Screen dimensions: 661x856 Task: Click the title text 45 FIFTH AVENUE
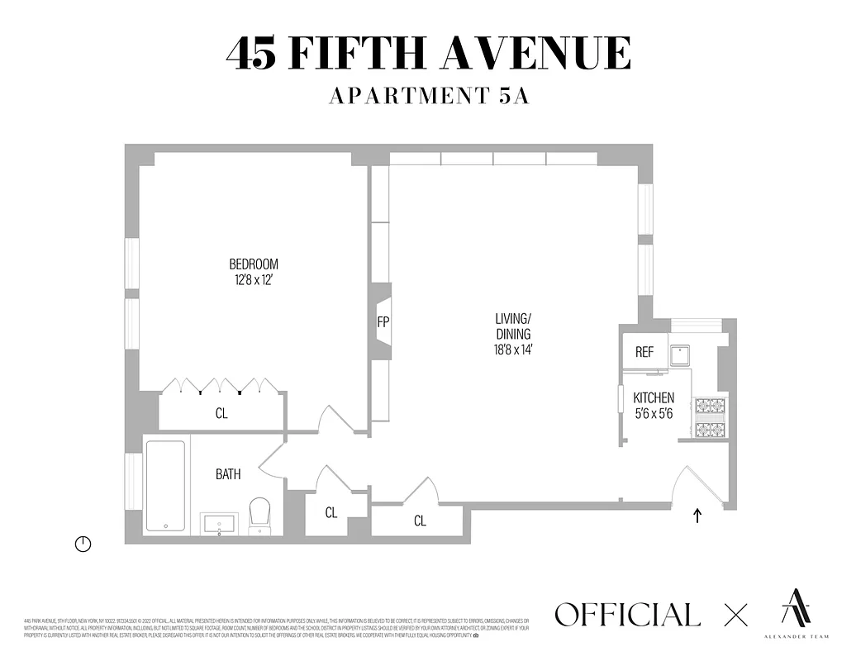point(428,55)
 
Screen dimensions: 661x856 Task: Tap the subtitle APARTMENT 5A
point(428,96)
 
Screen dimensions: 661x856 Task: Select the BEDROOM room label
point(254,264)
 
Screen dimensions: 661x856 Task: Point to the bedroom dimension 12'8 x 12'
point(254,280)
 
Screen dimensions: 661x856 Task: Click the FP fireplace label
point(383,322)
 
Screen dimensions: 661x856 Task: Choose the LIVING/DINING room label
point(512,326)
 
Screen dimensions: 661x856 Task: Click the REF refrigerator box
point(644,352)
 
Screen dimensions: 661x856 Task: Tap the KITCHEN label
point(654,397)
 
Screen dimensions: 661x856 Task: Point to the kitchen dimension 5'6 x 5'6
point(654,412)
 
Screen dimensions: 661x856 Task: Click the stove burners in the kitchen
point(711,417)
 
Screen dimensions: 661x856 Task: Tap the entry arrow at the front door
point(698,516)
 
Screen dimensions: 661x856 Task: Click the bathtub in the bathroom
point(165,486)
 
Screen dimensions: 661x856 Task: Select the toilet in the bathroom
point(259,515)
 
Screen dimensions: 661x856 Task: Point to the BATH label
point(228,474)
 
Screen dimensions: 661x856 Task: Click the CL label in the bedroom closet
point(221,413)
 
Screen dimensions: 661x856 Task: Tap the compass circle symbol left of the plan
point(83,544)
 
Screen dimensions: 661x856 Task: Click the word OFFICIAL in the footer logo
point(627,615)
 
